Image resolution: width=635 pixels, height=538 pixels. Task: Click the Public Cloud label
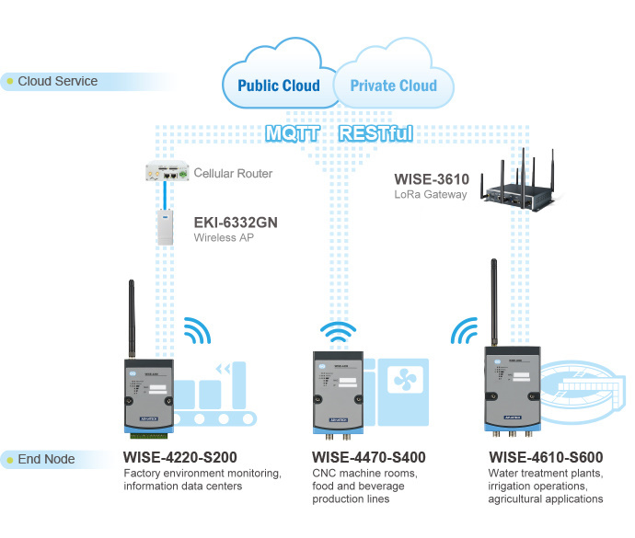click(279, 86)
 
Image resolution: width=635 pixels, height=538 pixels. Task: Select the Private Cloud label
click(393, 86)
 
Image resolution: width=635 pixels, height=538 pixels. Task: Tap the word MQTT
click(293, 134)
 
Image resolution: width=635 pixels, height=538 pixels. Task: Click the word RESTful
click(375, 134)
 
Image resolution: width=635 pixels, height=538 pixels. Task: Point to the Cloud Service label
click(57, 81)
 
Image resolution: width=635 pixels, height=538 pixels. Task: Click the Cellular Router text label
click(233, 173)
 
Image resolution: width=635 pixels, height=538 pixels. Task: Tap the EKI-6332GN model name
click(235, 222)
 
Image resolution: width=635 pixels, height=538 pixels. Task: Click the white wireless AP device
click(166, 225)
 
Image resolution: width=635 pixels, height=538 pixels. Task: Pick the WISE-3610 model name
click(432, 178)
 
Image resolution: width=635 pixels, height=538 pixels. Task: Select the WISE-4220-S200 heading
click(181, 457)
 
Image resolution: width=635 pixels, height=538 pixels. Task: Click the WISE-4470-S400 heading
click(369, 457)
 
